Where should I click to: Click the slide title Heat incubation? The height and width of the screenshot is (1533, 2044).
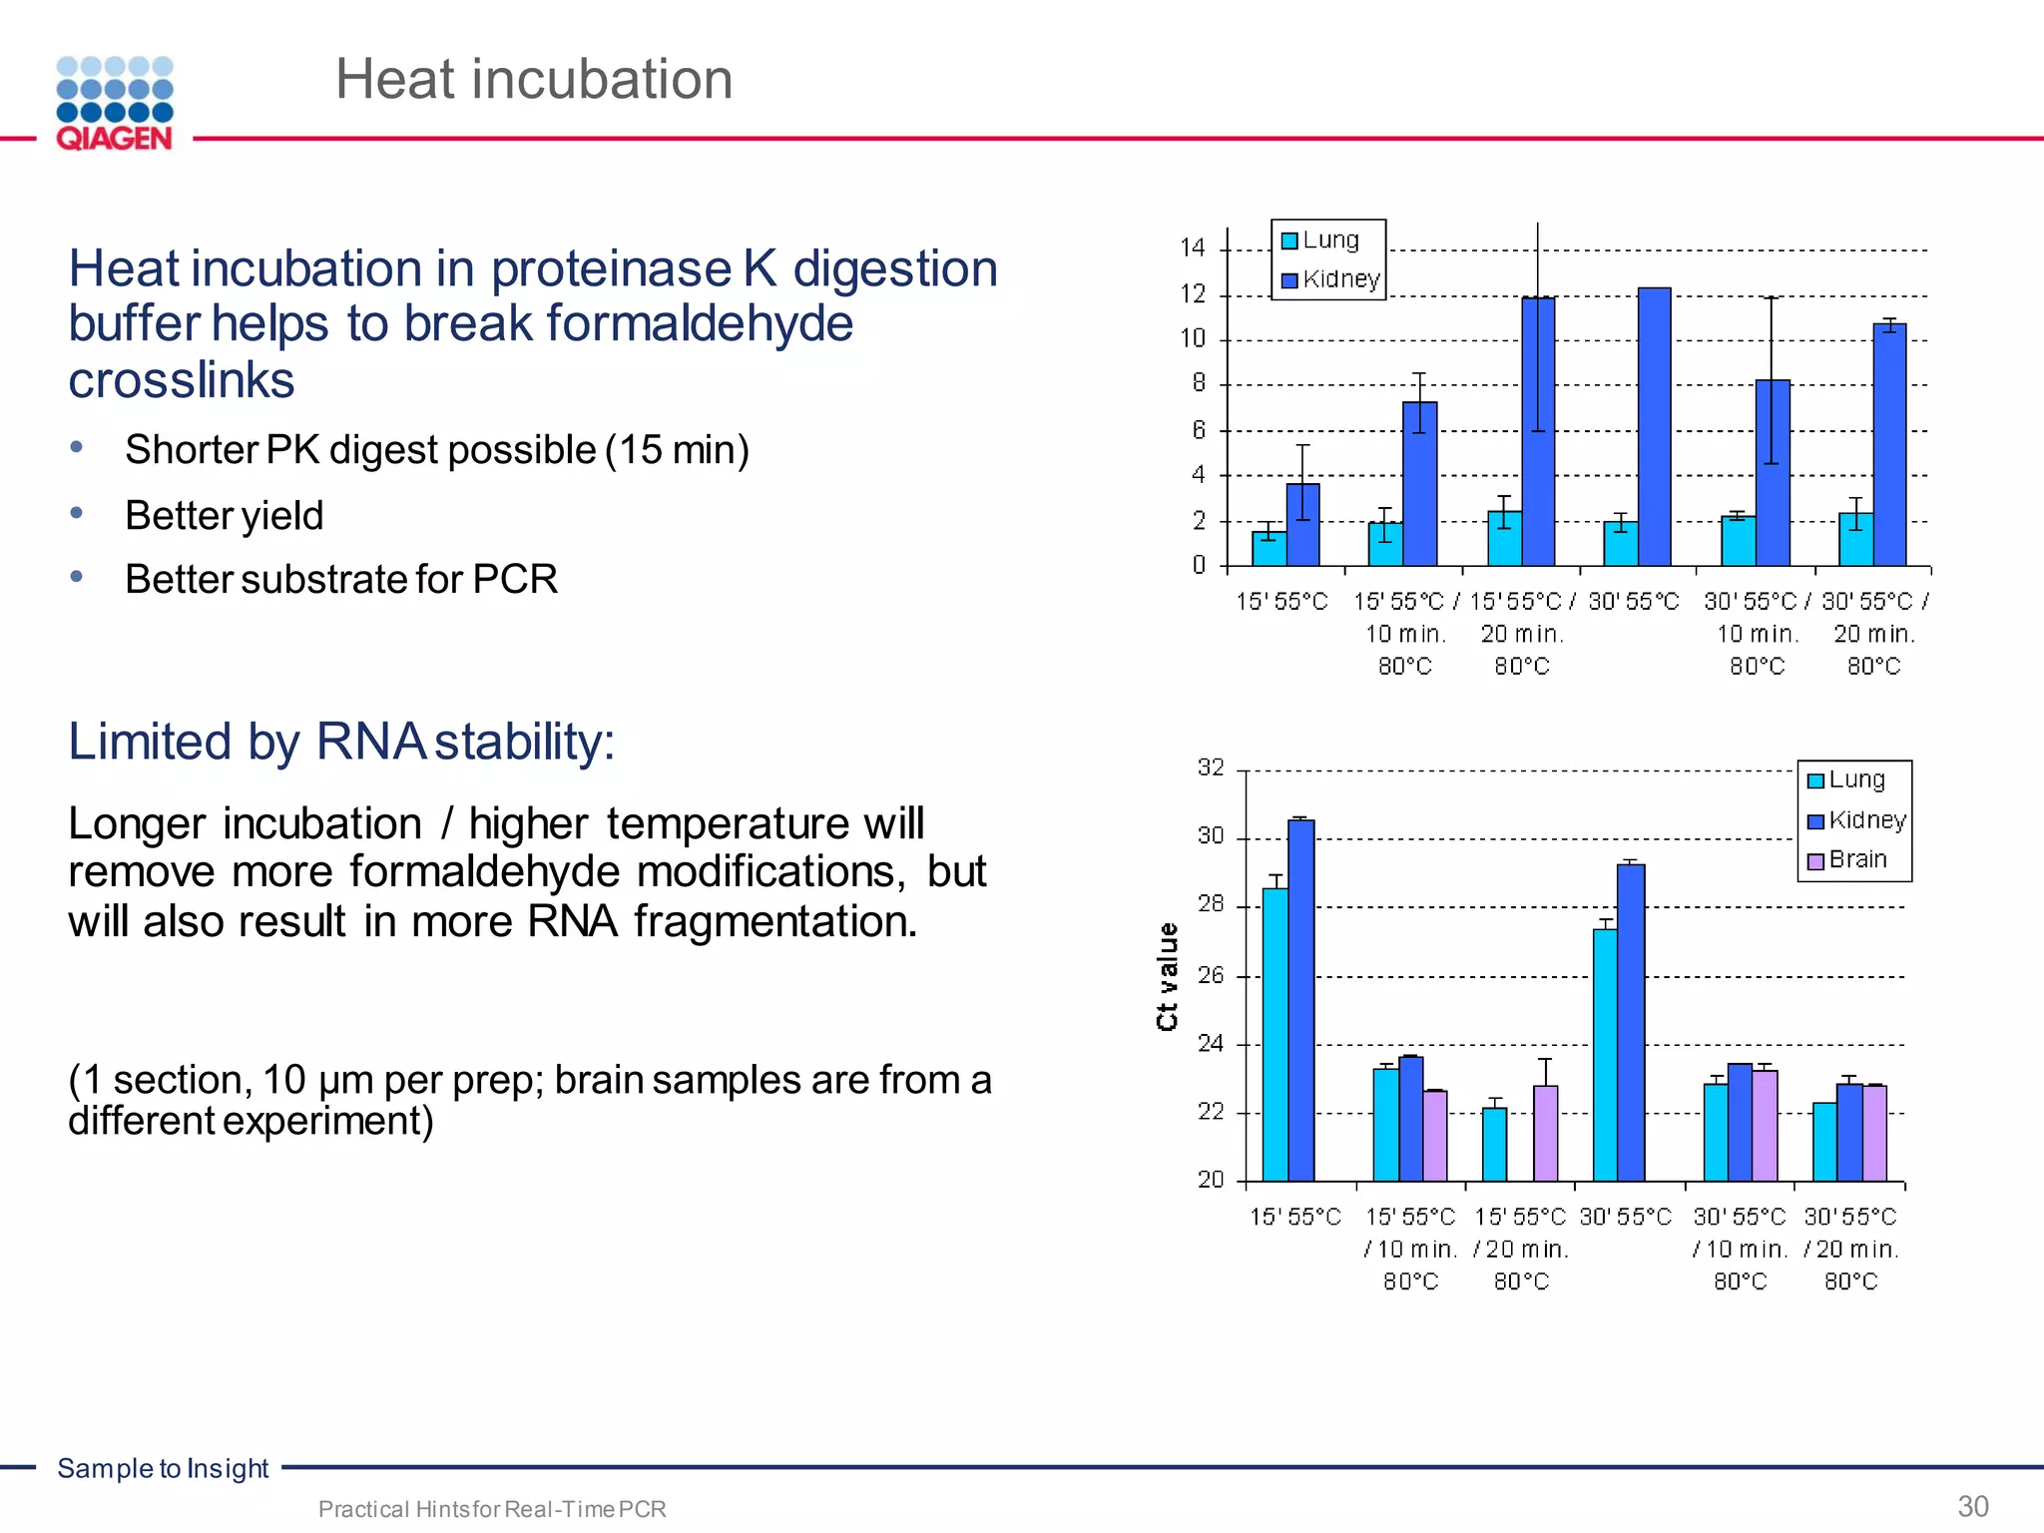[534, 79]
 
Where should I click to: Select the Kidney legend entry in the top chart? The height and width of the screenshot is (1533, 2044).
[1330, 279]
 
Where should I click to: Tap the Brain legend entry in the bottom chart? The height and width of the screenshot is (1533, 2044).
[1847, 860]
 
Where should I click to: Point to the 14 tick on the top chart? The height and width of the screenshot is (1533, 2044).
[1193, 248]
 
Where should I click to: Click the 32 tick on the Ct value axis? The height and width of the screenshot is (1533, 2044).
[1211, 767]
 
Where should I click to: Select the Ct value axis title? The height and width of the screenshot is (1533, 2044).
[1167, 976]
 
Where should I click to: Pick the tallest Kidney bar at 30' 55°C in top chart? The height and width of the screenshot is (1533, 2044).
[1654, 429]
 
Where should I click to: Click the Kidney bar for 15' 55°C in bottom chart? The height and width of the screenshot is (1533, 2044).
[1300, 998]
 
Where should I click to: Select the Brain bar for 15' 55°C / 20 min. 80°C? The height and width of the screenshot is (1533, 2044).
[1545, 1133]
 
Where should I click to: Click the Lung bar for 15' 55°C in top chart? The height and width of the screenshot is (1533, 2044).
[1269, 548]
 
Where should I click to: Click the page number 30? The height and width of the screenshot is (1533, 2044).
[1972, 1506]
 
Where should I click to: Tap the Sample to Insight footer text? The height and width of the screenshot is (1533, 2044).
[163, 1468]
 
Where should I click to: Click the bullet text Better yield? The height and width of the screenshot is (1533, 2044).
[224, 516]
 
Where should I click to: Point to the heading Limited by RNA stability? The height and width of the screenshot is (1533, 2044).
[341, 742]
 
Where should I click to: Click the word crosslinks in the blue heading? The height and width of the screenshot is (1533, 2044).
[182, 380]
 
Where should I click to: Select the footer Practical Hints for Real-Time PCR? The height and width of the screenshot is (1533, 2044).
[491, 1509]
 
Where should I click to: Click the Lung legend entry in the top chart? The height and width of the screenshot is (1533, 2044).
[1320, 241]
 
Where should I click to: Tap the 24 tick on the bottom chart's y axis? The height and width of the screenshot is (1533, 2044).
[1211, 1044]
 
